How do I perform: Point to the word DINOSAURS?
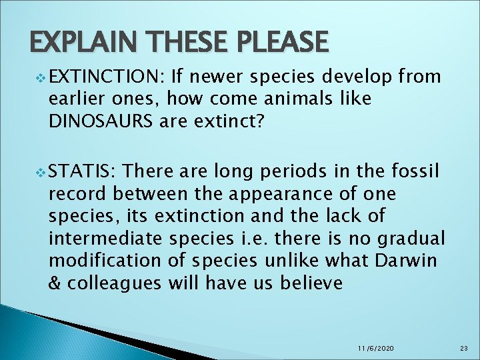[102, 120]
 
